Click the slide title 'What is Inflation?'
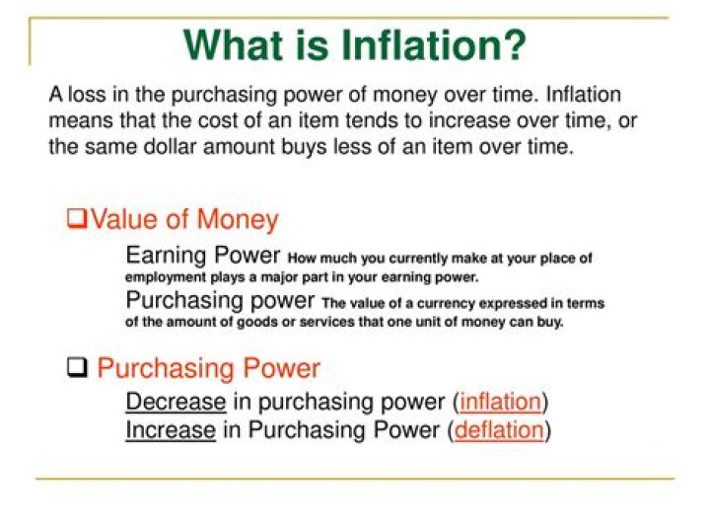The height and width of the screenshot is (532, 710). click(x=355, y=44)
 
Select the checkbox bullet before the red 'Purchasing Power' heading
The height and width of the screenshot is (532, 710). click(x=77, y=368)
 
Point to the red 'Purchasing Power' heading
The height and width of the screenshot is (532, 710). click(x=208, y=369)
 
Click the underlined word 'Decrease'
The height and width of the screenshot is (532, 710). click(x=176, y=402)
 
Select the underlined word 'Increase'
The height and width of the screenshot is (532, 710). click(x=170, y=430)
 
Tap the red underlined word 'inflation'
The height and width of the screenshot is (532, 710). click(x=501, y=402)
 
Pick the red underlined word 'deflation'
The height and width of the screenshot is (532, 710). click(x=499, y=430)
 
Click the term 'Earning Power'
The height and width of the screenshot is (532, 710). click(x=203, y=256)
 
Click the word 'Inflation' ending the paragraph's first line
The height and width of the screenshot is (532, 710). click(x=584, y=96)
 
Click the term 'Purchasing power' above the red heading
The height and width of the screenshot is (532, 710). click(x=220, y=300)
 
